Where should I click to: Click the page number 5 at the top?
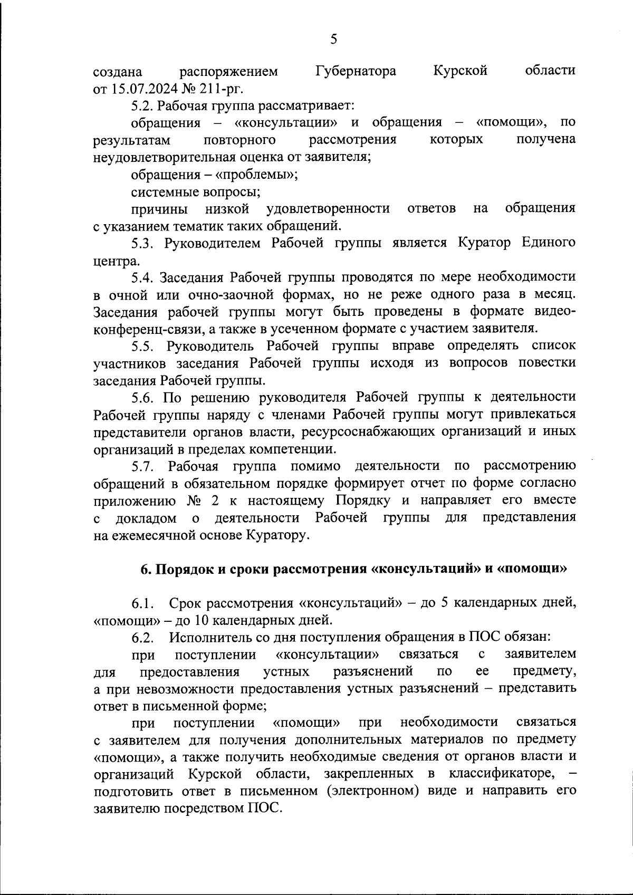pyautogui.click(x=333, y=40)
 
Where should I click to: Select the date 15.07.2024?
pyautogui.click(x=144, y=88)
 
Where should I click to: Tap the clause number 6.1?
pyautogui.click(x=142, y=603)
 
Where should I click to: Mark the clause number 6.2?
pyautogui.click(x=142, y=638)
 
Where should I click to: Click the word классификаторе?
pyautogui.click(x=501, y=774)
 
